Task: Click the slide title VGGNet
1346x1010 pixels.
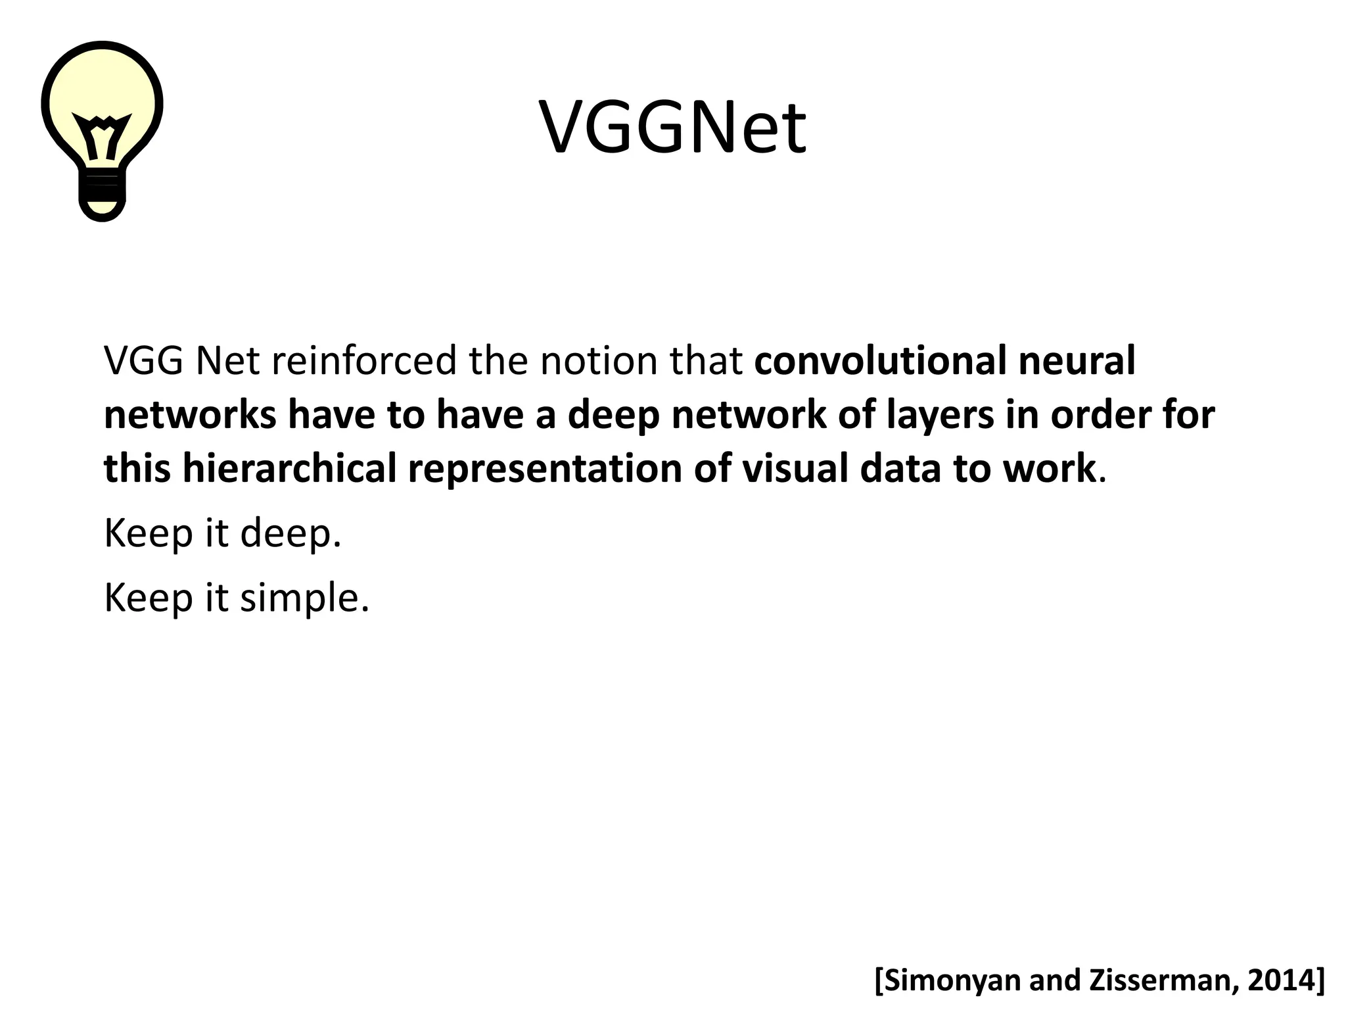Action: [x=672, y=127]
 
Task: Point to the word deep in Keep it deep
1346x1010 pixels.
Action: [x=290, y=533]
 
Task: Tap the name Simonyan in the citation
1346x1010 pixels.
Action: [x=949, y=980]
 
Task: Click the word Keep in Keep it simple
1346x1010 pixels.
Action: [x=148, y=598]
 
